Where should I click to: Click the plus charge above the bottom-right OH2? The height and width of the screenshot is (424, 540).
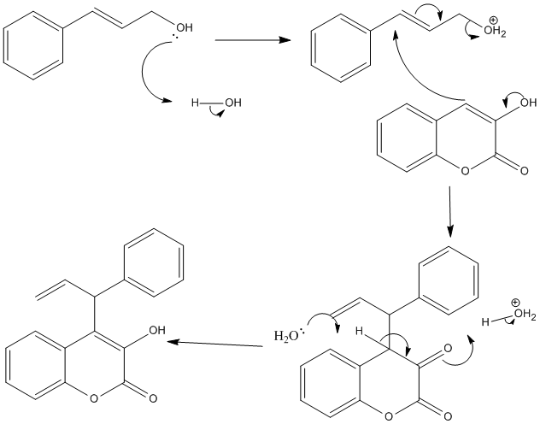pos(515,302)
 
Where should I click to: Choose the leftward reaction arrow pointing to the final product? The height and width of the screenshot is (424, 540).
pos(214,344)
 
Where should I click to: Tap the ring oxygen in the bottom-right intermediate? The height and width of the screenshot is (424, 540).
pos(390,415)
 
